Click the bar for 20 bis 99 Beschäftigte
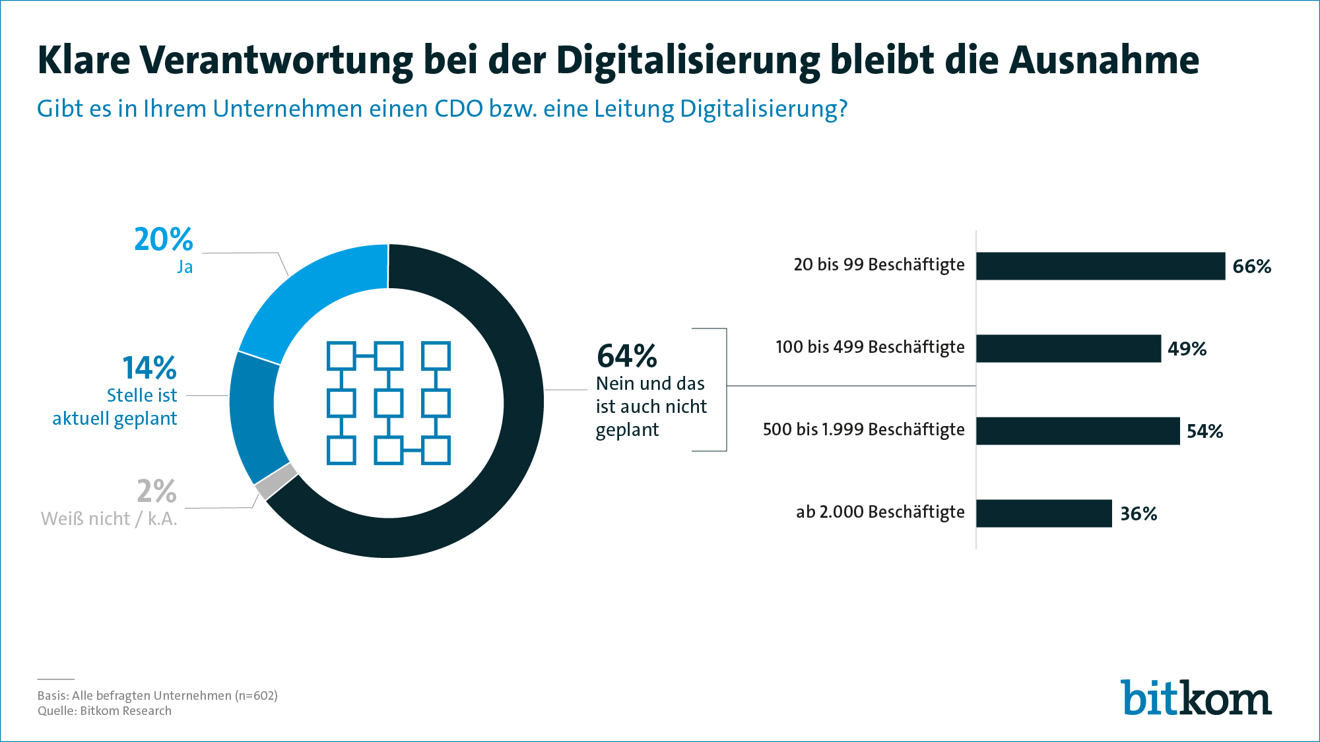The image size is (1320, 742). pos(1100,266)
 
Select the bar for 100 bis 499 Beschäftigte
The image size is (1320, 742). pos(1068,348)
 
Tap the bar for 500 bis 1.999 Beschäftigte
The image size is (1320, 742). pos(1077,431)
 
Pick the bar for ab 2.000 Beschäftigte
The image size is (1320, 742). pos(1043,513)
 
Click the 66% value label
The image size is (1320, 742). pos(1251,266)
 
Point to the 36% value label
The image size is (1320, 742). pos(1138,514)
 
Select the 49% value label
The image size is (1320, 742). pos(1187,349)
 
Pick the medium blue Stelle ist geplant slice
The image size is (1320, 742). pos(253,416)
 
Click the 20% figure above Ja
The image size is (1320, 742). pos(163,239)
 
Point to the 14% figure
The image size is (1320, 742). pos(149,368)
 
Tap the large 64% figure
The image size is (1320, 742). pos(626,356)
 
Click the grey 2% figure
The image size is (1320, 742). pos(156,491)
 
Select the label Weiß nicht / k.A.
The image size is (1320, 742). pos(109,519)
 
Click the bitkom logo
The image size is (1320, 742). pos(1195,698)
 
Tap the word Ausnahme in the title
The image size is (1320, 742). pos(1104,61)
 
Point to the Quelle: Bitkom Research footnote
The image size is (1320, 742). pos(104,711)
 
